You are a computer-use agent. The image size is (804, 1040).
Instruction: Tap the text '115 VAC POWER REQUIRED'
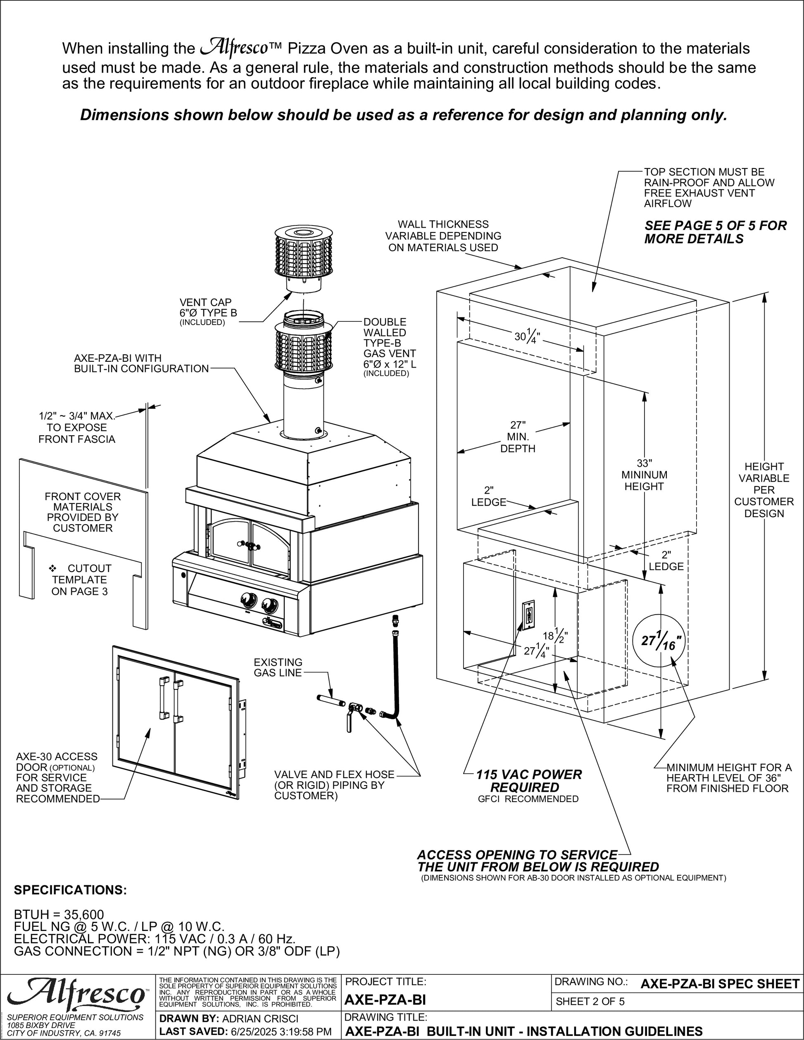[529, 781]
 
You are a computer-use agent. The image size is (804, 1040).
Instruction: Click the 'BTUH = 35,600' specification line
[59, 915]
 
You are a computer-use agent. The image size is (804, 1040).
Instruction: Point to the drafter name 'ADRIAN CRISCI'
[261, 1018]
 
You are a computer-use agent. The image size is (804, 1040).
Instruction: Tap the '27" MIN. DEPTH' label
[518, 437]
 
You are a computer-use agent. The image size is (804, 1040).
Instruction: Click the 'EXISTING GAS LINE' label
[278, 667]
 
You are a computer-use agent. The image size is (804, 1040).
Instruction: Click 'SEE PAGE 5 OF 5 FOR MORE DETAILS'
[715, 232]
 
